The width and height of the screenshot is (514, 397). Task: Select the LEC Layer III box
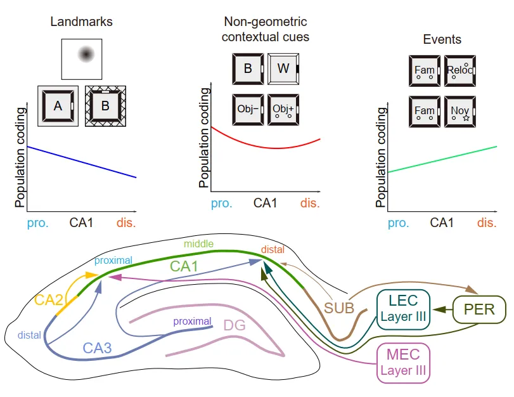click(x=403, y=310)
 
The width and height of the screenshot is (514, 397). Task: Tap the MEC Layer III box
click(x=403, y=363)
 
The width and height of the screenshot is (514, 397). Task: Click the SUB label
click(x=339, y=309)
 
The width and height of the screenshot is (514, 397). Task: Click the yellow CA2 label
click(x=48, y=299)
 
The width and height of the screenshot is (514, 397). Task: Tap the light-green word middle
click(x=198, y=244)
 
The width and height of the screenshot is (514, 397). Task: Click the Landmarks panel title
click(x=81, y=22)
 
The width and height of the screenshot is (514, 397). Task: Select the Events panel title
click(x=442, y=39)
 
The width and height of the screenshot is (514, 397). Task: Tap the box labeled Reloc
click(x=461, y=70)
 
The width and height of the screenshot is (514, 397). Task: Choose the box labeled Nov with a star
click(x=461, y=112)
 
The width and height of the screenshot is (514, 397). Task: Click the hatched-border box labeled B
click(x=106, y=106)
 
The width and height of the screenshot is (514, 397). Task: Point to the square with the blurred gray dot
click(x=82, y=58)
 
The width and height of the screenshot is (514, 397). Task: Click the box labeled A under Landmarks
click(x=58, y=106)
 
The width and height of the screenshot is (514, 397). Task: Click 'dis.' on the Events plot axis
click(x=487, y=223)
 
